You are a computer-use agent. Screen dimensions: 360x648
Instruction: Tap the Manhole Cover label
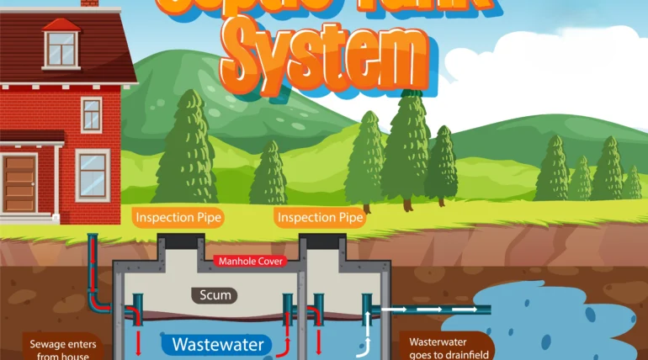click(249, 261)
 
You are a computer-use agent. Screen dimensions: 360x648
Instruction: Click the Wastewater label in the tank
click(218, 344)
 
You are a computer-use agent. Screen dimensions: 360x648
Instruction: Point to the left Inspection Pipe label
click(178, 218)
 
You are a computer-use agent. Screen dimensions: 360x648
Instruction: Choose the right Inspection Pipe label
click(321, 218)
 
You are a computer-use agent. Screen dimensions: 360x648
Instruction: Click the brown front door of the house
click(19, 184)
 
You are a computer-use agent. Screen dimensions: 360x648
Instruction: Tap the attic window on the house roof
click(60, 49)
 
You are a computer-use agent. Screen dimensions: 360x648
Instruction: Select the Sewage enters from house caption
click(59, 347)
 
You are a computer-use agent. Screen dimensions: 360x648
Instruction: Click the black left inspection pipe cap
click(179, 241)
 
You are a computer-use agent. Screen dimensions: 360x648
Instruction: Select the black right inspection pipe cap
click(321, 241)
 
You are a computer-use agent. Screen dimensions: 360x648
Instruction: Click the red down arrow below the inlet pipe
click(138, 341)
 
